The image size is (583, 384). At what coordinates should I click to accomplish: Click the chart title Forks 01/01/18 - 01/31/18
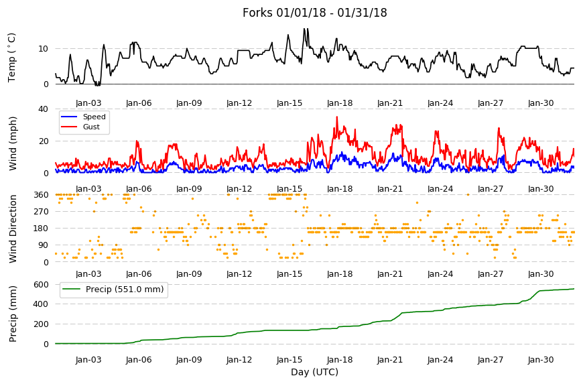point(314,13)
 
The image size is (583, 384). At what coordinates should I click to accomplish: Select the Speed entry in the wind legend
point(94,117)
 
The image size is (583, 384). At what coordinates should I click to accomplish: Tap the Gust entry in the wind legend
point(91,127)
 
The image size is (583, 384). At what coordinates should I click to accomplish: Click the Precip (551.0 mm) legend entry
point(125,290)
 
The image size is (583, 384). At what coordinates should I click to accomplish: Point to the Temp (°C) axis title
point(12,58)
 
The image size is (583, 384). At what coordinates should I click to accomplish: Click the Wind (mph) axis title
point(13,143)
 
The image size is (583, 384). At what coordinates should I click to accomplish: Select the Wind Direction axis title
point(13,229)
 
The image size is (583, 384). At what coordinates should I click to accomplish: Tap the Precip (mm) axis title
point(13,314)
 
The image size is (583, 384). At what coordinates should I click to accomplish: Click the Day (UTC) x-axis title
point(314,372)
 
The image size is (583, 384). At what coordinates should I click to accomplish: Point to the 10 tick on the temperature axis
point(44,49)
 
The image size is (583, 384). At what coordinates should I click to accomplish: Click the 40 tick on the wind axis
point(44,109)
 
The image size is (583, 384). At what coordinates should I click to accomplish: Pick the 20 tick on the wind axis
point(44,141)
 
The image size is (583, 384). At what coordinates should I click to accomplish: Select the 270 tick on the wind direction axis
point(42,212)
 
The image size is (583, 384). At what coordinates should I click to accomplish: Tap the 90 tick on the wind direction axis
point(44,245)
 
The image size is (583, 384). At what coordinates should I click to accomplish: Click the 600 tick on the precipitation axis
point(42,285)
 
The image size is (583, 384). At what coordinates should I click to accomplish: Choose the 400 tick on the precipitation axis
point(42,304)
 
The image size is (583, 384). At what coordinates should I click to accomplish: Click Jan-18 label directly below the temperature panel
point(340,103)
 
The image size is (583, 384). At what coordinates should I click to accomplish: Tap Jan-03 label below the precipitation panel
point(88,359)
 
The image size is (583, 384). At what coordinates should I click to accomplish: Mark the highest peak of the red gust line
point(337,117)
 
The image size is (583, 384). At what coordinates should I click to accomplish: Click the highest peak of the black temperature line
point(304,29)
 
